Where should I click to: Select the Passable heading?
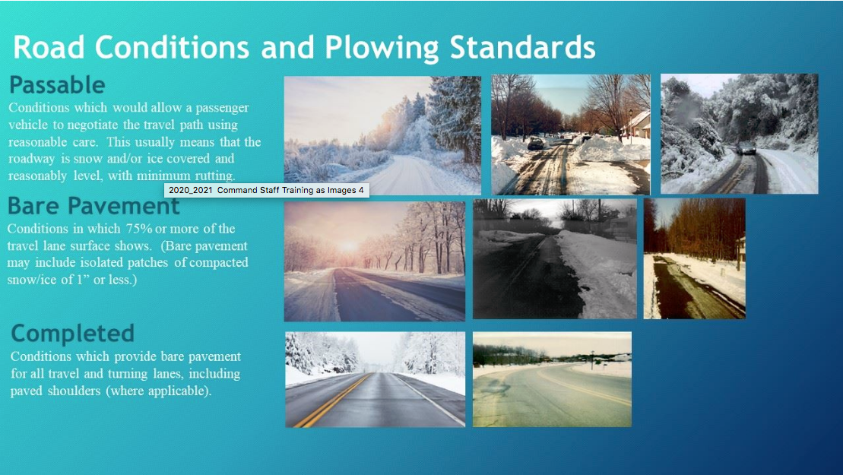tap(57, 84)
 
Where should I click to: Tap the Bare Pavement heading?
tap(93, 205)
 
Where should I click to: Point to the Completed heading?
tap(72, 333)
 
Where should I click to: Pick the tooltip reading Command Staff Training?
tap(265, 190)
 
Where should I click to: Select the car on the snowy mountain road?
tap(748, 150)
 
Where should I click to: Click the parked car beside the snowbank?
tap(535, 143)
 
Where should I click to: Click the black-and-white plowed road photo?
tap(555, 258)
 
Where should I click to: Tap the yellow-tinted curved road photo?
tap(552, 378)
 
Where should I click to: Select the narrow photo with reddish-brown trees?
tap(694, 258)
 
